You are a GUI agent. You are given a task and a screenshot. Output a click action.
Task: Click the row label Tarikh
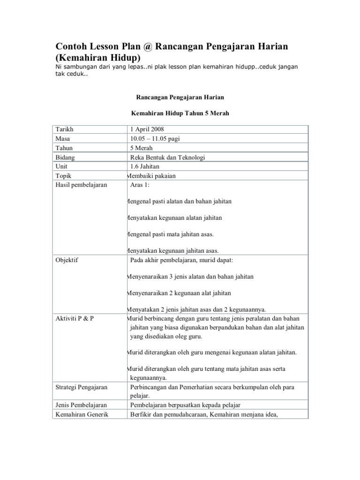tap(64, 129)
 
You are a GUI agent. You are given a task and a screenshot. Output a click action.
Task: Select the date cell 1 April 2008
tap(147, 129)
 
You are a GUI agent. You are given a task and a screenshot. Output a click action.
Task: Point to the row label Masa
tap(63, 139)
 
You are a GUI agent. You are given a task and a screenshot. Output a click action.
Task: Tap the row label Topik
tap(63, 176)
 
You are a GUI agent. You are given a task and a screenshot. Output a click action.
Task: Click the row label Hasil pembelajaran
tap(81, 185)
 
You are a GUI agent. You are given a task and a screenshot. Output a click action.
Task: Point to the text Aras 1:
tap(139, 185)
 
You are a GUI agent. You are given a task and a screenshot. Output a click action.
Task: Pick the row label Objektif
tap(67, 260)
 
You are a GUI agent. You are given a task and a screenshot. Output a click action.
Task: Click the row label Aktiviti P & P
tap(75, 318)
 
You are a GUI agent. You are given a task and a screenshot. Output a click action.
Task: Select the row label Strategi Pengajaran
tap(82, 387)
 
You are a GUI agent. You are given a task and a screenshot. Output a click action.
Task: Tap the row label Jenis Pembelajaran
tap(81, 405)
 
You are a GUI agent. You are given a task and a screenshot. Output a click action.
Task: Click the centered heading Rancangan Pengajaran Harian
tap(180, 97)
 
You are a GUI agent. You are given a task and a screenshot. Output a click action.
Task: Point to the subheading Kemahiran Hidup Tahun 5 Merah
tap(180, 114)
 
